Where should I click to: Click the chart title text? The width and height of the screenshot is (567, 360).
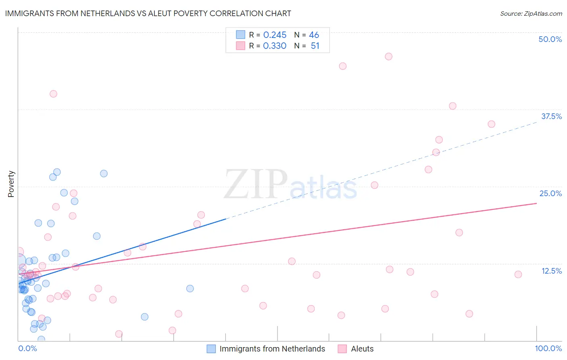pyautogui.click(x=148, y=13)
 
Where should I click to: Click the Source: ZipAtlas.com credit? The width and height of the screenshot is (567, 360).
pyautogui.click(x=531, y=14)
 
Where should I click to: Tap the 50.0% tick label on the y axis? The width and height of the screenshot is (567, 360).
pyautogui.click(x=550, y=39)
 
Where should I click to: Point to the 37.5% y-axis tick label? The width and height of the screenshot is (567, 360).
pyautogui.click(x=551, y=116)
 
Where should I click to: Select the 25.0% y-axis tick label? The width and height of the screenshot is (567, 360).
pyautogui.click(x=550, y=193)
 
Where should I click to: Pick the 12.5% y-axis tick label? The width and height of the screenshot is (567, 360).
pyautogui.click(x=551, y=271)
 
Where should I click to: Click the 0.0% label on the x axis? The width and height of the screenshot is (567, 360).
pyautogui.click(x=27, y=348)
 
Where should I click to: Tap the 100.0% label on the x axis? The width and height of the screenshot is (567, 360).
pyautogui.click(x=548, y=348)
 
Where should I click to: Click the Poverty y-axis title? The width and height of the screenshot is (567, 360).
pyautogui.click(x=11, y=184)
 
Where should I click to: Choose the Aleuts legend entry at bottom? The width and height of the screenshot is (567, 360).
pyautogui.click(x=362, y=349)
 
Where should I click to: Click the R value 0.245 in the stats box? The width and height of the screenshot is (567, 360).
pyautogui.click(x=275, y=35)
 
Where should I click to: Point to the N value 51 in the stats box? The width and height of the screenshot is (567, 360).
pyautogui.click(x=315, y=46)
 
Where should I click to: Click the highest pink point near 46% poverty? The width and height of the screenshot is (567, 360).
pyautogui.click(x=388, y=57)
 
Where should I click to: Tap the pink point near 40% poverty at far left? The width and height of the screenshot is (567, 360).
pyautogui.click(x=53, y=94)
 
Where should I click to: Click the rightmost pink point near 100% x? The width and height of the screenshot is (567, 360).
pyautogui.click(x=518, y=274)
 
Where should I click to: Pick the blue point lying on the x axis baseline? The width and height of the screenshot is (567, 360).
pyautogui.click(x=41, y=339)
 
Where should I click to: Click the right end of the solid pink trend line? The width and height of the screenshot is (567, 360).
pyautogui.click(x=536, y=203)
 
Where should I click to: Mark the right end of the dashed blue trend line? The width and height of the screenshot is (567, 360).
pyautogui.click(x=536, y=121)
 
